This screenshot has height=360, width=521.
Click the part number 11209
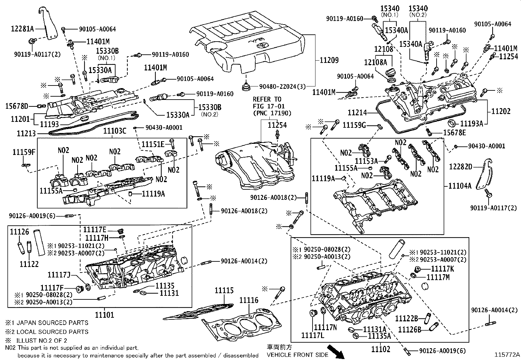click(329, 60)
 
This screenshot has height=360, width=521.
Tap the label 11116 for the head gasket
click(249, 300)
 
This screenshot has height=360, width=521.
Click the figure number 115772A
click(507, 355)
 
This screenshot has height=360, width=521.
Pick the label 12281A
click(22, 29)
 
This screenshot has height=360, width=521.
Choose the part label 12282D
click(460, 167)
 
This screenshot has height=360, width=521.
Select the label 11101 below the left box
click(105, 315)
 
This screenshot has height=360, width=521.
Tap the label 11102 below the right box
click(381, 349)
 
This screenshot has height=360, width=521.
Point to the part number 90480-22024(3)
click(282, 86)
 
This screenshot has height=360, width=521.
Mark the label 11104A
click(460, 186)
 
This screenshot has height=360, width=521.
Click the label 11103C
click(115, 131)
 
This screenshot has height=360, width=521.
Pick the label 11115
click(224, 290)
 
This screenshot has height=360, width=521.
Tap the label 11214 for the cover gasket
click(357, 113)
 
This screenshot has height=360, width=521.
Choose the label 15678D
click(16, 106)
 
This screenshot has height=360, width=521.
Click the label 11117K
click(442, 269)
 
